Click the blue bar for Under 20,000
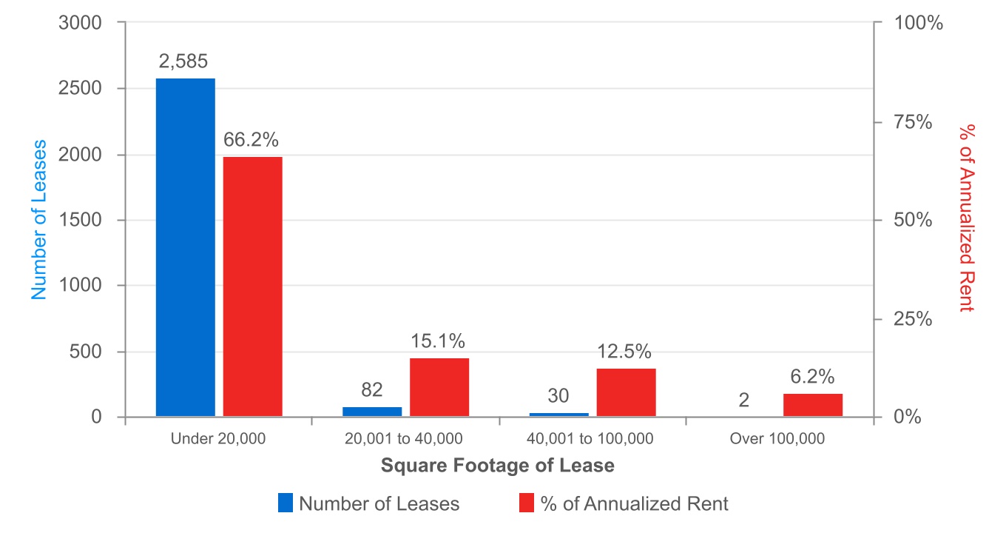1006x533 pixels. coord(185,247)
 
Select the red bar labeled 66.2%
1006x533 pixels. coord(253,286)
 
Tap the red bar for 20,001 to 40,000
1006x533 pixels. coord(439,387)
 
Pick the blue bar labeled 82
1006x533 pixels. coord(372,412)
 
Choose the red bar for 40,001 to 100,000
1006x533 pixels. coord(626,392)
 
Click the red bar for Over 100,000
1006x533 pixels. coord(812,405)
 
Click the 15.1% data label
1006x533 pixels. coord(438,341)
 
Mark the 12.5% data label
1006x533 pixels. coord(625,352)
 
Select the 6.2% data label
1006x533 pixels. coord(812,377)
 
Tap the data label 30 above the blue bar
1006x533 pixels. coord(559,397)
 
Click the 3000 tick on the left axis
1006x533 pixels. coord(79,23)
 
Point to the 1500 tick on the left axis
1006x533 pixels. coord(79,221)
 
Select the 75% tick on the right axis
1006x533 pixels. coord(915,122)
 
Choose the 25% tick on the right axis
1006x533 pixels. coord(915,319)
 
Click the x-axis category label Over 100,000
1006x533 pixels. coord(777,438)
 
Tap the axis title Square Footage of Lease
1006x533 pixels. coord(497,466)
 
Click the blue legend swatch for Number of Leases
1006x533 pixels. coord(286,503)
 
